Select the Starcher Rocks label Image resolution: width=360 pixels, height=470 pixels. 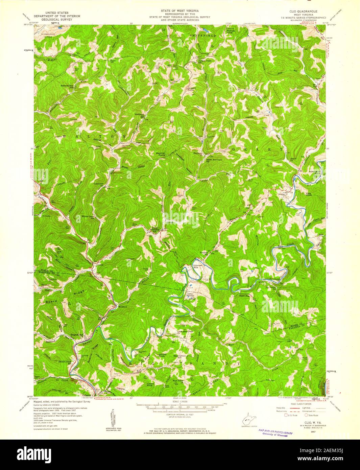160,154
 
